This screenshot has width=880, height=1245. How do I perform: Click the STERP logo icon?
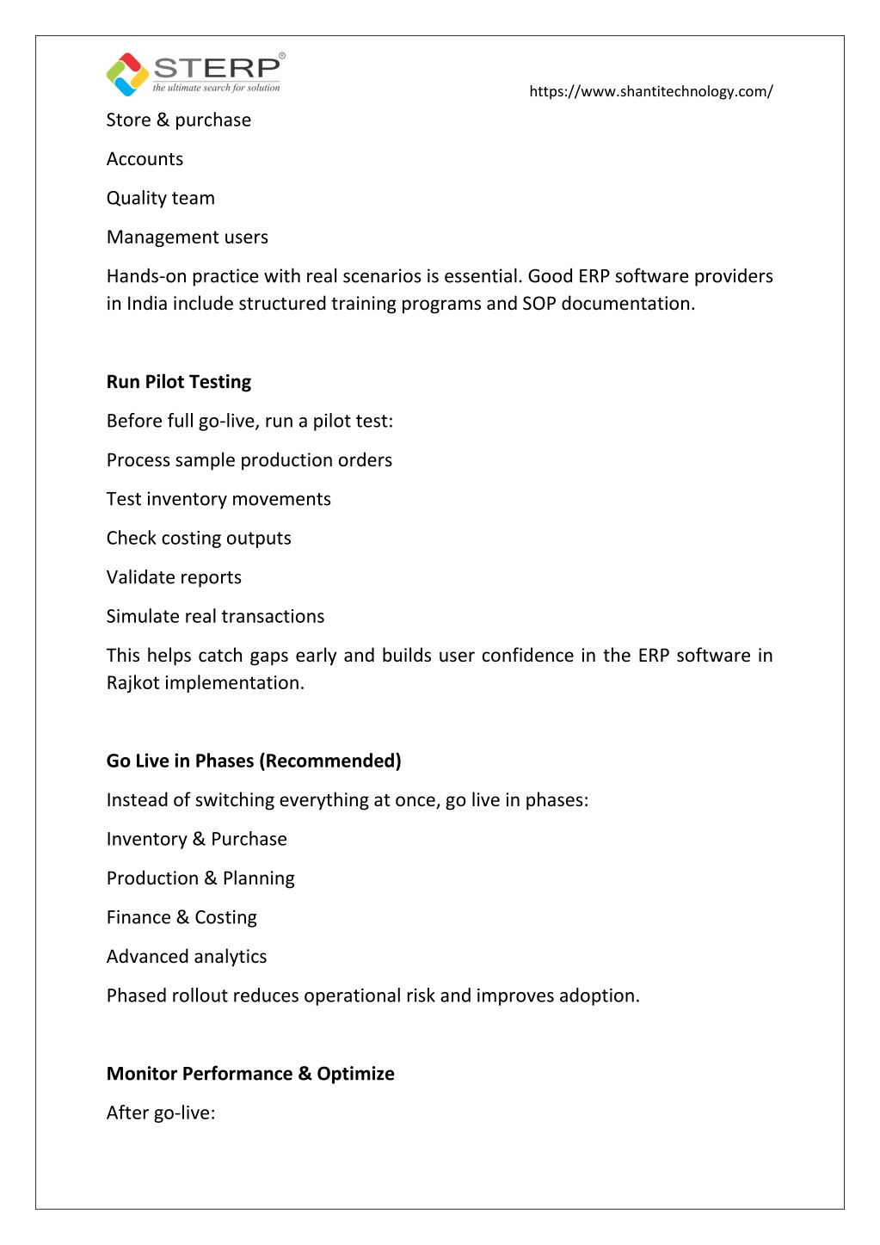point(127,74)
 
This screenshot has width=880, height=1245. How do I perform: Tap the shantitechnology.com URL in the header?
point(650,91)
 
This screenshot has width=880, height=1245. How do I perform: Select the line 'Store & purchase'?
point(179,120)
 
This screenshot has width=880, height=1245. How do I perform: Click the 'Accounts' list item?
point(145,159)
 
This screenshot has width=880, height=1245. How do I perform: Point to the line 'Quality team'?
point(161,199)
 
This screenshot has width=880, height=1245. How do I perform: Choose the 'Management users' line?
point(188,237)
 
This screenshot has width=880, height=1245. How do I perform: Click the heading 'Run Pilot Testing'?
point(179,382)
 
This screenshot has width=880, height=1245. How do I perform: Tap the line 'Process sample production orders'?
point(249,460)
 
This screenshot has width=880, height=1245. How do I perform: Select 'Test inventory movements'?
point(218,499)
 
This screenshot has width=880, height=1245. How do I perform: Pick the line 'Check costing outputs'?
point(199,539)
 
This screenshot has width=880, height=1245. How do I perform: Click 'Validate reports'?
point(174,577)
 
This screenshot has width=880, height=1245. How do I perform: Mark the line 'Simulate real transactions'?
point(216,617)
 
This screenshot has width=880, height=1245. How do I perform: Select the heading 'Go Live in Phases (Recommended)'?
point(254,761)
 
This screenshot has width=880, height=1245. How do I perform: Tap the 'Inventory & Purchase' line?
point(197,840)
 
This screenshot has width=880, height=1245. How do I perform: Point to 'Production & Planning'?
point(200,878)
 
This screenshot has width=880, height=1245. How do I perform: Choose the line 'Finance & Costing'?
point(182,918)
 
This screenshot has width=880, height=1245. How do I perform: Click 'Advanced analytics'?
point(187,957)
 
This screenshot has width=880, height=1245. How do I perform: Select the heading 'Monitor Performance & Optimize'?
point(250,1074)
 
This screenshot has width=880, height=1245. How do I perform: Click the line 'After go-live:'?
point(161,1113)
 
